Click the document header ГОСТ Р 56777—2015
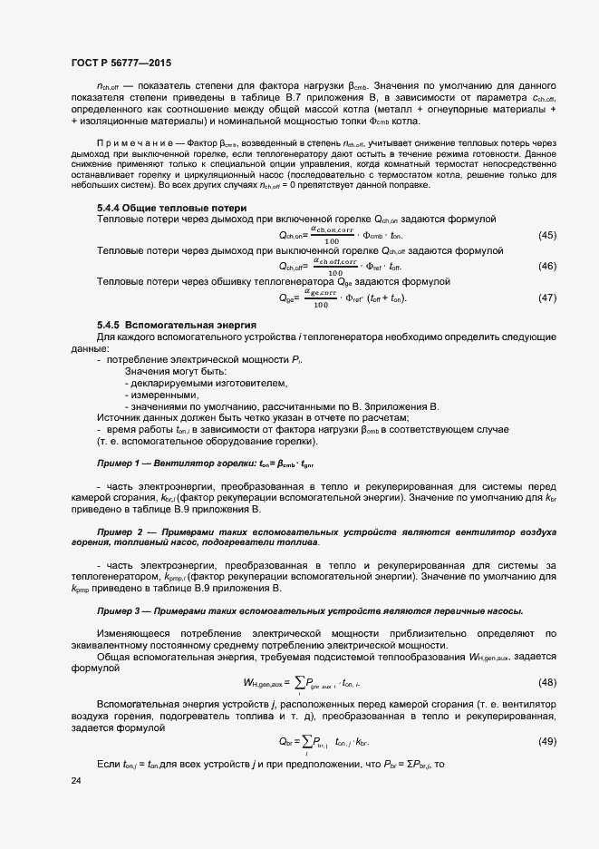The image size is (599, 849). pyautogui.click(x=121, y=63)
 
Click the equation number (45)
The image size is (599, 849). pyautogui.click(x=546, y=236)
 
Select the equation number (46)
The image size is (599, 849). pyautogui.click(x=546, y=267)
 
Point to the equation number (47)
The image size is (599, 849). pyautogui.click(x=546, y=298)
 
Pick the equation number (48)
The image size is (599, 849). pyautogui.click(x=546, y=682)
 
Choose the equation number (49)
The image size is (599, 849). pyautogui.click(x=546, y=741)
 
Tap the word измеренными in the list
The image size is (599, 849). pyautogui.click(x=163, y=395)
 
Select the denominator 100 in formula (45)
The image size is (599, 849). pyautogui.click(x=332, y=241)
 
